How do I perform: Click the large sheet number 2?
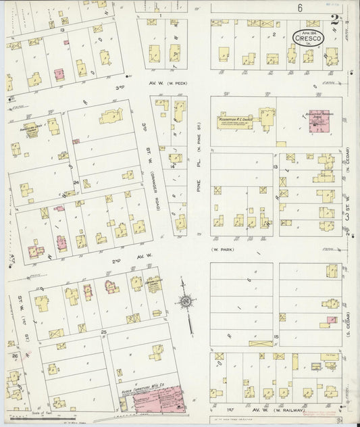(335, 21)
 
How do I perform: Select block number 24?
(76, 182)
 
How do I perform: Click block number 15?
(276, 336)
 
